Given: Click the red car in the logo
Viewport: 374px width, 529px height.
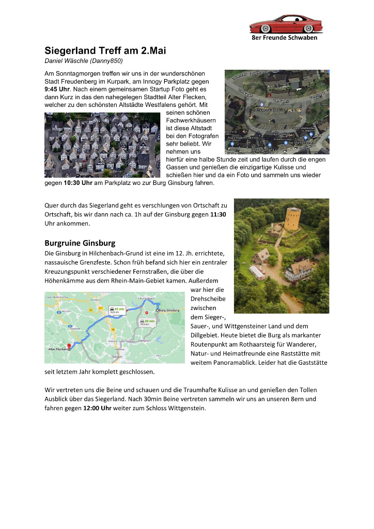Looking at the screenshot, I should tap(286, 24).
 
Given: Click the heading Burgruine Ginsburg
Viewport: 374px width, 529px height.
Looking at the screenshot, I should tap(80, 243).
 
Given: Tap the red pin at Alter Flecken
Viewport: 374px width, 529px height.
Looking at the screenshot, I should tap(69, 345).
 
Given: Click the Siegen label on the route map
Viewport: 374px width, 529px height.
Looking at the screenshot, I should tap(118, 356).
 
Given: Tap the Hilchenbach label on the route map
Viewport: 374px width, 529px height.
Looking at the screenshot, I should tap(147, 299).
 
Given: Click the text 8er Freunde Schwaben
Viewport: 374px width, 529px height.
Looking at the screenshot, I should tap(284, 38).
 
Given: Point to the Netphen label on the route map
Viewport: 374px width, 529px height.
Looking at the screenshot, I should tap(145, 341).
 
